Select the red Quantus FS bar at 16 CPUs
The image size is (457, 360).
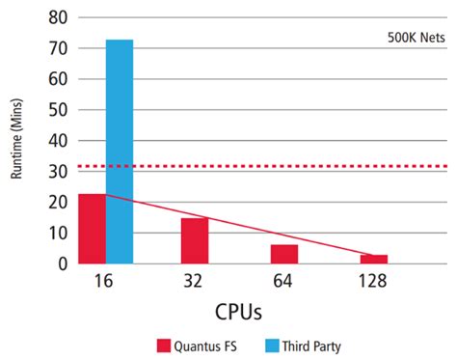pyautogui.click(x=92, y=229)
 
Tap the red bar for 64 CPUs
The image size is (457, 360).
pyautogui.click(x=283, y=254)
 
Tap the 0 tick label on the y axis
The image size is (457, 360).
pyautogui.click(x=62, y=263)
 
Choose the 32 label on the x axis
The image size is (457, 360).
pyautogui.click(x=195, y=282)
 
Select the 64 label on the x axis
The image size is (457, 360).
pyautogui.click(x=283, y=282)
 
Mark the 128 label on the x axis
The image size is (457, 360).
pyautogui.click(x=372, y=282)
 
